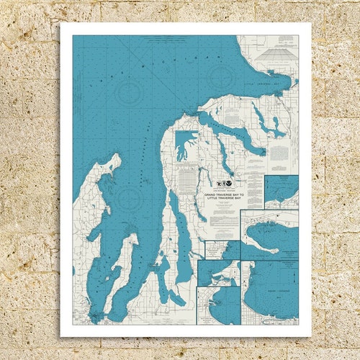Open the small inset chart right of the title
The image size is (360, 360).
pos(281,192)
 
